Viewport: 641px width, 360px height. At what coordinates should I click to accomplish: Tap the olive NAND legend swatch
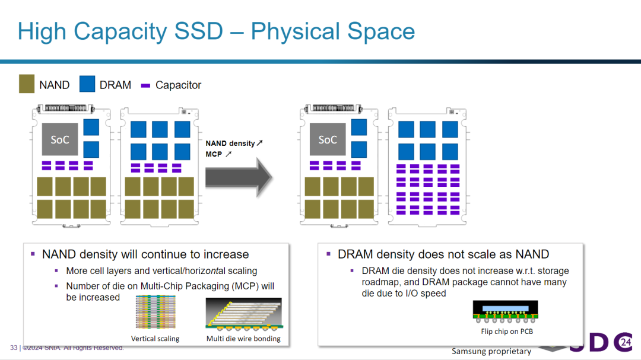tap(27, 84)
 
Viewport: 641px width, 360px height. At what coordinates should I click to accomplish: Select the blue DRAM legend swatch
tap(87, 84)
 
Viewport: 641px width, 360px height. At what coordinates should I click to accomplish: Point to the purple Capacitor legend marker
tap(145, 85)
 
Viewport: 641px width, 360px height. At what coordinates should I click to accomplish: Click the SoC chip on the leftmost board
tap(60, 139)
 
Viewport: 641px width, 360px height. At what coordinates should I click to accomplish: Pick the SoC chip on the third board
tap(328, 139)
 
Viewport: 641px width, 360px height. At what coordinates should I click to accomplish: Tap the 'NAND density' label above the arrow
tap(230, 144)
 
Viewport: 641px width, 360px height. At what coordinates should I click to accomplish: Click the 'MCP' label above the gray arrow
tap(214, 154)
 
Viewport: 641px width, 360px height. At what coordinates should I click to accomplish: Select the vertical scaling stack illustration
tap(156, 312)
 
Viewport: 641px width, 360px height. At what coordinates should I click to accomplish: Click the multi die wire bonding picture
tap(244, 313)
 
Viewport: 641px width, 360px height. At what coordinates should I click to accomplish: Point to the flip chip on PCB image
tap(505, 312)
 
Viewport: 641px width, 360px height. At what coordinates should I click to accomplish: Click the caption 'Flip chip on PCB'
tap(507, 332)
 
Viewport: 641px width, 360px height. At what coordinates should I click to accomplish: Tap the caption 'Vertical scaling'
tap(155, 339)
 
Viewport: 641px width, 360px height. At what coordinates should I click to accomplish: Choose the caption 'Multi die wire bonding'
tap(243, 339)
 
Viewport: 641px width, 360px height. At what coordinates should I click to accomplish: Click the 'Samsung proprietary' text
tap(491, 352)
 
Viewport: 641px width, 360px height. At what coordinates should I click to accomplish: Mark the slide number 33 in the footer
tap(14, 348)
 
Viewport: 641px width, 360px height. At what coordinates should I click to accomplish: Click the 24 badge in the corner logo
tap(626, 342)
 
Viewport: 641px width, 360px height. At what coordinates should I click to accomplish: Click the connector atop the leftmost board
tap(65, 109)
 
